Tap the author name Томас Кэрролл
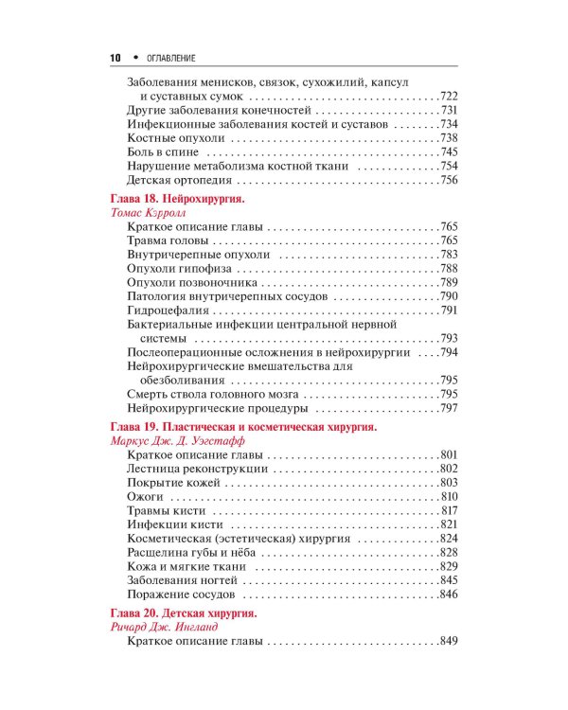tap(151, 215)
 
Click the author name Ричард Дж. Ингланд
tap(165, 628)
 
